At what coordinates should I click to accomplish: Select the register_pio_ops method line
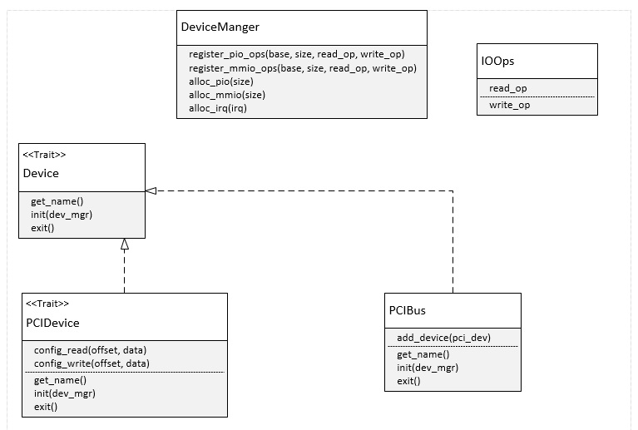(x=296, y=54)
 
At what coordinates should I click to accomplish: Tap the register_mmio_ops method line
(x=302, y=68)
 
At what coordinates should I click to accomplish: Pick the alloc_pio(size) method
(x=220, y=82)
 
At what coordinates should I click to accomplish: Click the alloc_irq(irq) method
(x=218, y=108)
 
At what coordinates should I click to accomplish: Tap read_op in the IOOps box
(x=507, y=88)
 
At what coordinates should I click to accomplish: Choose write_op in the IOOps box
(x=509, y=105)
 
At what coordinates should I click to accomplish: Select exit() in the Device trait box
(x=42, y=227)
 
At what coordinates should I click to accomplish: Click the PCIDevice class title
(x=52, y=323)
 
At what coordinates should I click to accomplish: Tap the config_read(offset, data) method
(x=91, y=349)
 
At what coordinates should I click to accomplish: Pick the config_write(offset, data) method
(x=91, y=363)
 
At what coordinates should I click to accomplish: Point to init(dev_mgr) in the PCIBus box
(x=428, y=367)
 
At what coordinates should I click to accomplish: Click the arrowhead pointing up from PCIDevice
(x=125, y=245)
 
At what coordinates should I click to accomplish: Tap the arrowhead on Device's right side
(x=151, y=190)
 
